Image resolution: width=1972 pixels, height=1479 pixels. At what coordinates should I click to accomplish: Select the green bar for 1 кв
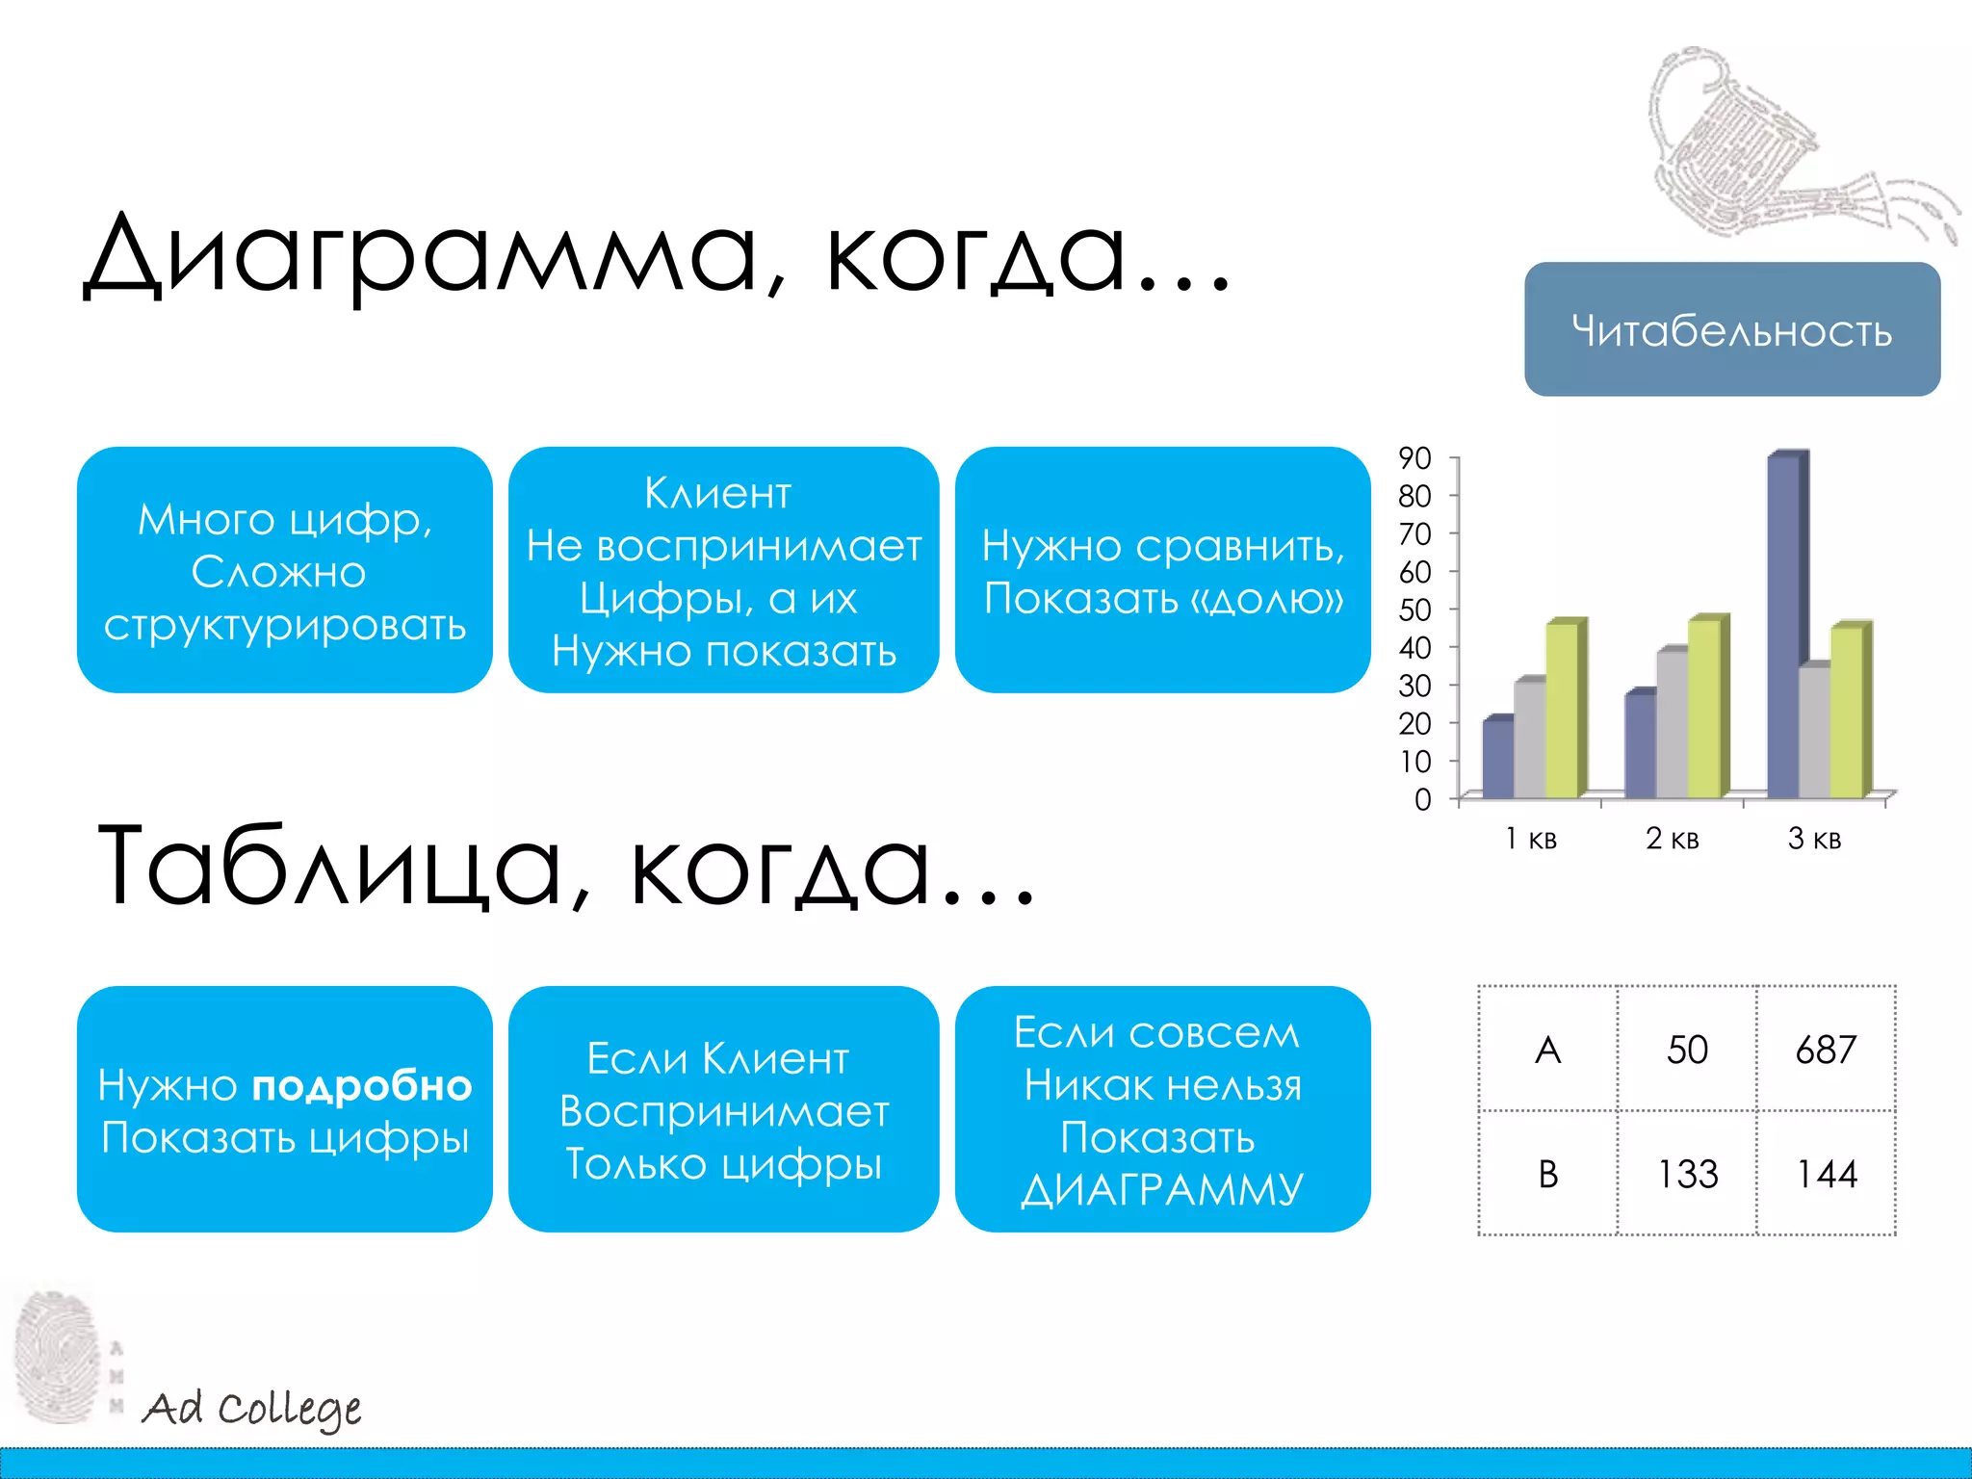coord(1562,711)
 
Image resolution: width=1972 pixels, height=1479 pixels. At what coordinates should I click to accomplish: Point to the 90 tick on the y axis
coord(1414,458)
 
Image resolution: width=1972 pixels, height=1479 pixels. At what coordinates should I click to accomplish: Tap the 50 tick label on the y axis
coord(1414,610)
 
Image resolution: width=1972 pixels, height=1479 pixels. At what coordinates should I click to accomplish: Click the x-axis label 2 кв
coord(1673,839)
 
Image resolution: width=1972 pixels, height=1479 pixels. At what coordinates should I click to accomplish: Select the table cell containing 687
coord(1826,1050)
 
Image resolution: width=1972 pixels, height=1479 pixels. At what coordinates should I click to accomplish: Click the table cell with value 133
coord(1687,1174)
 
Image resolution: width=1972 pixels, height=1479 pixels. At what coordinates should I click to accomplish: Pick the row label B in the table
coord(1547,1174)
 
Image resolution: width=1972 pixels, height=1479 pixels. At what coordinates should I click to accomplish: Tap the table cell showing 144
coord(1826,1174)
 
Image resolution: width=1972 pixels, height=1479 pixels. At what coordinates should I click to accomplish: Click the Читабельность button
coord(1731,329)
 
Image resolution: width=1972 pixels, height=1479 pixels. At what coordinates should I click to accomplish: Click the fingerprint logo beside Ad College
coord(58,1358)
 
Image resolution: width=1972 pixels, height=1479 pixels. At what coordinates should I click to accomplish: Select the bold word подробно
coord(361,1086)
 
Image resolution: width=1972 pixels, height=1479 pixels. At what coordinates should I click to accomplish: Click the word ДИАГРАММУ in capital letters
coord(1162,1190)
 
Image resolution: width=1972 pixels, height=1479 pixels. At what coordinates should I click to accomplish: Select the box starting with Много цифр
coord(284,570)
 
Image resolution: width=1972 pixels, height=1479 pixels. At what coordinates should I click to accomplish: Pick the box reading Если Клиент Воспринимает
coord(723,1109)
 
